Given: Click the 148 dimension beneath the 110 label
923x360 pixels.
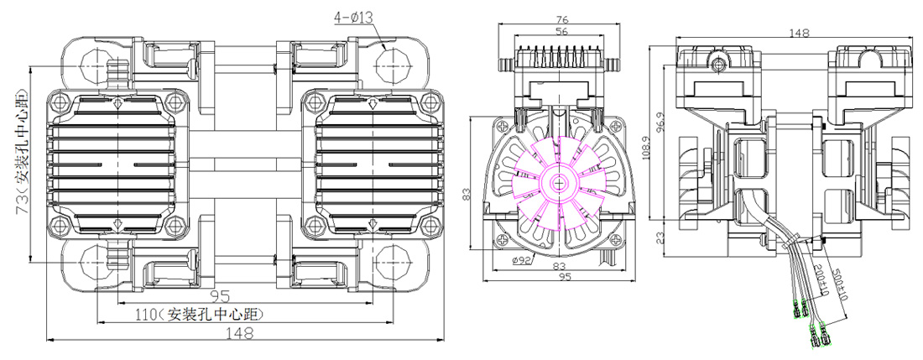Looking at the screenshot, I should point(240,334).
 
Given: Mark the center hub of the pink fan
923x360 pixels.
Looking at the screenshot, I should point(558,180).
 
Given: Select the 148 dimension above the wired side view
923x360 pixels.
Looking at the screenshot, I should point(799,33).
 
